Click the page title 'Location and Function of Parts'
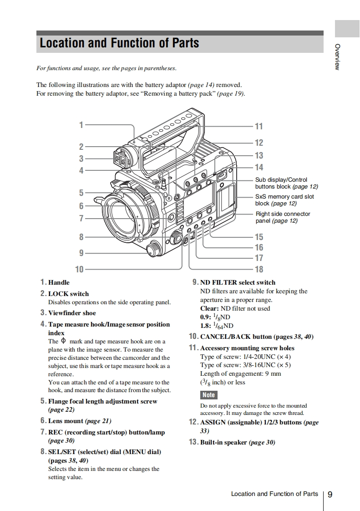tap(119, 43)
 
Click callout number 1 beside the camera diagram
tap(81, 124)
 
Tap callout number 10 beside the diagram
tap(79, 269)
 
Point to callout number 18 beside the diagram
tap(259, 269)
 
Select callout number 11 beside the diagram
tap(259, 127)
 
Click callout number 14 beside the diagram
tap(259, 167)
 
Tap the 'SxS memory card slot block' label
tap(284, 200)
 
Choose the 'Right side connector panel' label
tap(283, 217)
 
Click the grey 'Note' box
tap(209, 395)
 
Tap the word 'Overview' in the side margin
tap(337, 57)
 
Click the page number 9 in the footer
tap(330, 495)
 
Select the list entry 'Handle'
tap(59, 282)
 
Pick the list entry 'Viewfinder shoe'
tap(72, 313)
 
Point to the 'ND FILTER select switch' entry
tap(238, 282)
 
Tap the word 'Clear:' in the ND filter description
tap(210, 308)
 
